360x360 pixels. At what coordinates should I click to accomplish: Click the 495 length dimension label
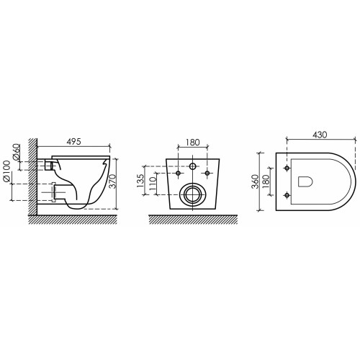coord(74,142)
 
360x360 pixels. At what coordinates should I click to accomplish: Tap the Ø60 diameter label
coord(16,152)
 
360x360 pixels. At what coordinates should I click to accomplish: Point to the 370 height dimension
coord(113,181)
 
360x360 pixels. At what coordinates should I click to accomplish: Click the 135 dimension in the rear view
coord(140,181)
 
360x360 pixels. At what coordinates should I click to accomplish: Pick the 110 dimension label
coord(153,184)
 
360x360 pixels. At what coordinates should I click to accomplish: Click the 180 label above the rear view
coord(193,143)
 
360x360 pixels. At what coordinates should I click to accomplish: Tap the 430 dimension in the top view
coord(320,135)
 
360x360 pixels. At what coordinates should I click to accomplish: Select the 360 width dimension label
coord(256,181)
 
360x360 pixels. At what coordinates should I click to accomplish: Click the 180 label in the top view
coord(266,181)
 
